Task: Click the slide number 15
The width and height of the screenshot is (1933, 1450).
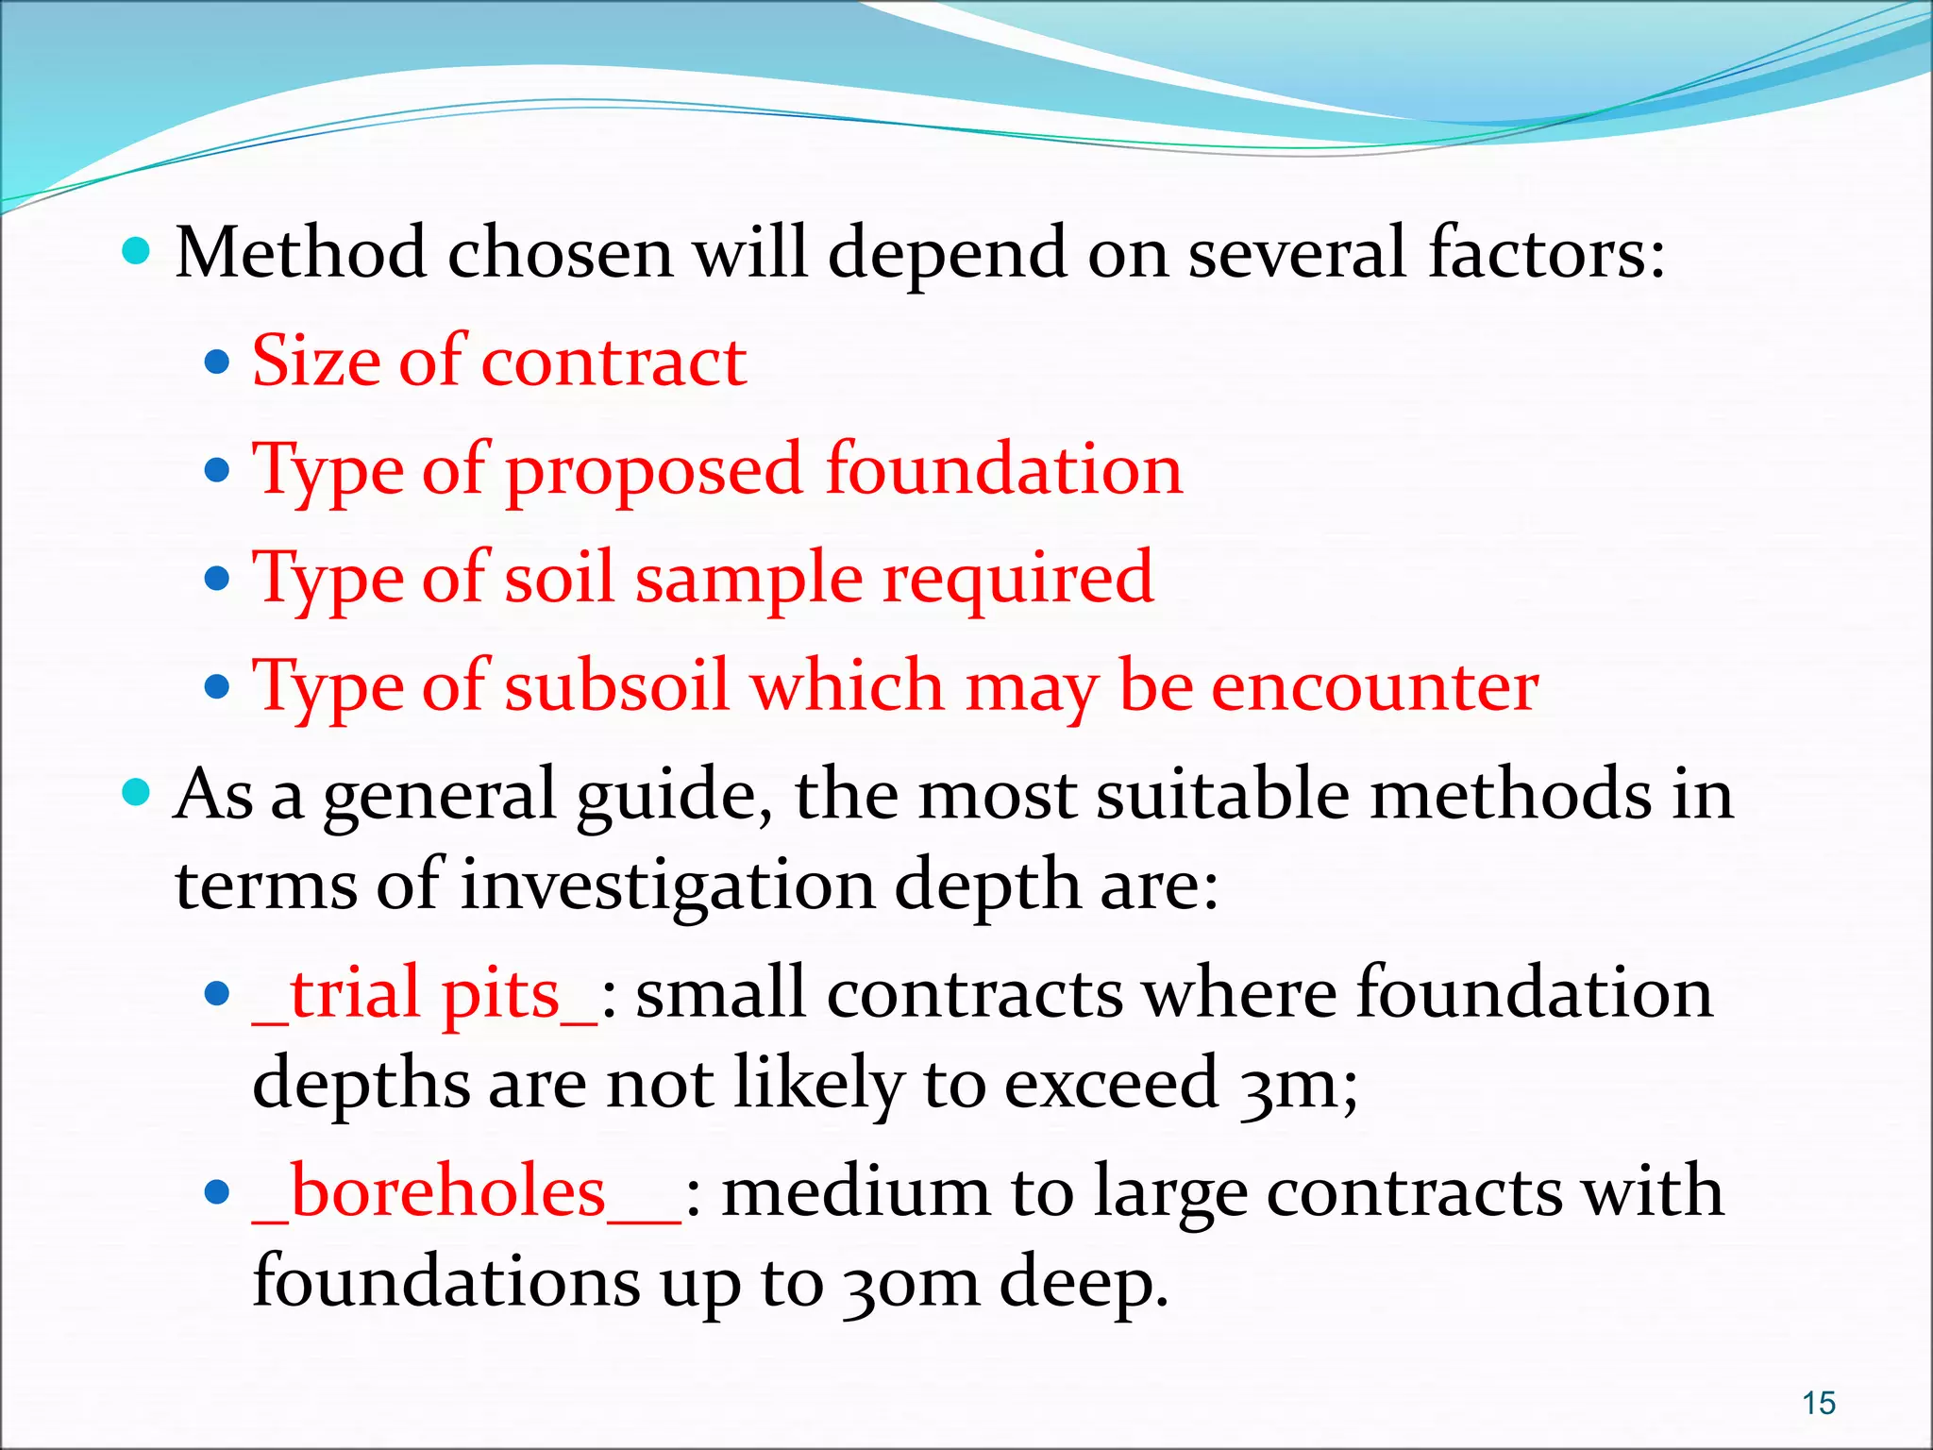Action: (1819, 1403)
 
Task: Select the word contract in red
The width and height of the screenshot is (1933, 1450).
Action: (614, 362)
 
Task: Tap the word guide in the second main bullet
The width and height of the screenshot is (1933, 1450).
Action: (681, 796)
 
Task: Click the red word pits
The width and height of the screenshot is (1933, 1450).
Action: (501, 994)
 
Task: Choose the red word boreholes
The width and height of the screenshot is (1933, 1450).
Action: (447, 1191)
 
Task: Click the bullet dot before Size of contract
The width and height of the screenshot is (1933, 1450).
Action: (217, 362)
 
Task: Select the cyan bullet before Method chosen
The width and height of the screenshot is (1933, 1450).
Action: (137, 251)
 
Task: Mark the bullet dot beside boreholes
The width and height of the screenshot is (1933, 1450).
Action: (217, 1192)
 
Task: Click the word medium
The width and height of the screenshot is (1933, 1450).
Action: (855, 1192)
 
